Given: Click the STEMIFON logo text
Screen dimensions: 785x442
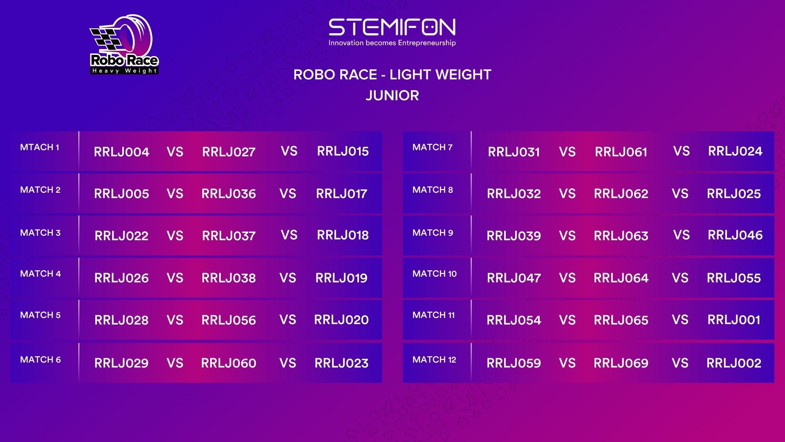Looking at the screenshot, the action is click(x=392, y=27).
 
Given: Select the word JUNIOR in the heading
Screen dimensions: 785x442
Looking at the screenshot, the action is click(x=392, y=95).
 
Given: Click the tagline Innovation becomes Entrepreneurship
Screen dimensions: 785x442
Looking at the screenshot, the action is click(x=392, y=43).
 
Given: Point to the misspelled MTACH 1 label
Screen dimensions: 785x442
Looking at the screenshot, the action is click(x=40, y=147).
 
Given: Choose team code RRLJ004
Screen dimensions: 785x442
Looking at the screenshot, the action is click(x=121, y=152).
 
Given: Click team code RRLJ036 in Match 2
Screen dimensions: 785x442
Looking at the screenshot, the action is click(x=229, y=194).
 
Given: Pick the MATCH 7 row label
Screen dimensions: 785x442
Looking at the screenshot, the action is click(x=433, y=147).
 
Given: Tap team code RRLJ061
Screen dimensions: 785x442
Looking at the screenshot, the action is click(x=621, y=152).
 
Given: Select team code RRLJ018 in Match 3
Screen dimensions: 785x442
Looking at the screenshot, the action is click(x=343, y=235).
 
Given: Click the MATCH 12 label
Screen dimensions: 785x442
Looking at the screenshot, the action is click(x=434, y=360).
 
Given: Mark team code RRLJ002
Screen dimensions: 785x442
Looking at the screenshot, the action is click(x=734, y=363).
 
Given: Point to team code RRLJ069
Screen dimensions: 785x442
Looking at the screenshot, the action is click(x=621, y=363).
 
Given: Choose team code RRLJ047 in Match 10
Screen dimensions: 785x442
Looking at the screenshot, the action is click(x=514, y=278).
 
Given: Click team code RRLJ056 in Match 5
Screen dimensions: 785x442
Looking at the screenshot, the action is click(x=229, y=320).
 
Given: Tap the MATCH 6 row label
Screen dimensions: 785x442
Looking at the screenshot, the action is click(x=40, y=360).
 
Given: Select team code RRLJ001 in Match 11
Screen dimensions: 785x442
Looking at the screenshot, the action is click(x=734, y=320).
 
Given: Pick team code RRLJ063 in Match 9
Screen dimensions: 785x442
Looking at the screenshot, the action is click(x=621, y=236).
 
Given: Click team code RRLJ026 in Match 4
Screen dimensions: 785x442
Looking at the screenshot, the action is click(x=121, y=278).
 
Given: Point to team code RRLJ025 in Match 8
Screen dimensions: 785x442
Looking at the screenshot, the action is click(x=734, y=194).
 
